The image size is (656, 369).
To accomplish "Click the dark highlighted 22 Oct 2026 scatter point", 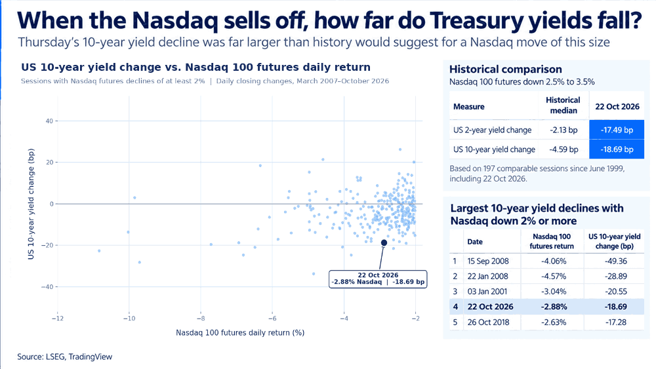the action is coord(384,243).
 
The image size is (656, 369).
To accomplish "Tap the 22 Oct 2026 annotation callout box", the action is coord(378,279).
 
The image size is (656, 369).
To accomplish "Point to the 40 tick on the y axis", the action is coord(49,121).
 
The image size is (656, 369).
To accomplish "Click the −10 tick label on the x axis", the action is coord(129,319).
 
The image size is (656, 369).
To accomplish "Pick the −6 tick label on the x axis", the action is coord(272,319).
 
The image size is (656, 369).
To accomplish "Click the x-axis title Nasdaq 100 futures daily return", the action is coord(240,333).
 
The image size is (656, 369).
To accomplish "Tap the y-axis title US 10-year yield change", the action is coord(31,204).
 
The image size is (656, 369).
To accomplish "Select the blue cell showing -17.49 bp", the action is coord(617,130).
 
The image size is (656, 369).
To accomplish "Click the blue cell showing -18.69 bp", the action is coord(617,149).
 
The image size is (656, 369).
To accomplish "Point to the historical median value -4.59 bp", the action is coord(564,149).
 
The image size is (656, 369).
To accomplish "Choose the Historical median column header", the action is coord(563,106).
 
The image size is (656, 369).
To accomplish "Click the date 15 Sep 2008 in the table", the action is coord(488,261).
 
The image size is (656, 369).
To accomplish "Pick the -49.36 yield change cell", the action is coord(615,261).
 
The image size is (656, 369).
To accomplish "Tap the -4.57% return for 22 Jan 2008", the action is coord(553,276).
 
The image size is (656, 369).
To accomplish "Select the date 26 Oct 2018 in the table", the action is coord(488,322).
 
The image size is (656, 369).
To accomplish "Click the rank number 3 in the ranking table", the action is coord(455,292).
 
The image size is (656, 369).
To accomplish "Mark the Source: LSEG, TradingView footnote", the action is coord(65,357).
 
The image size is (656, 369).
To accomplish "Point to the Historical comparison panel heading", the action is coord(505,69).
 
